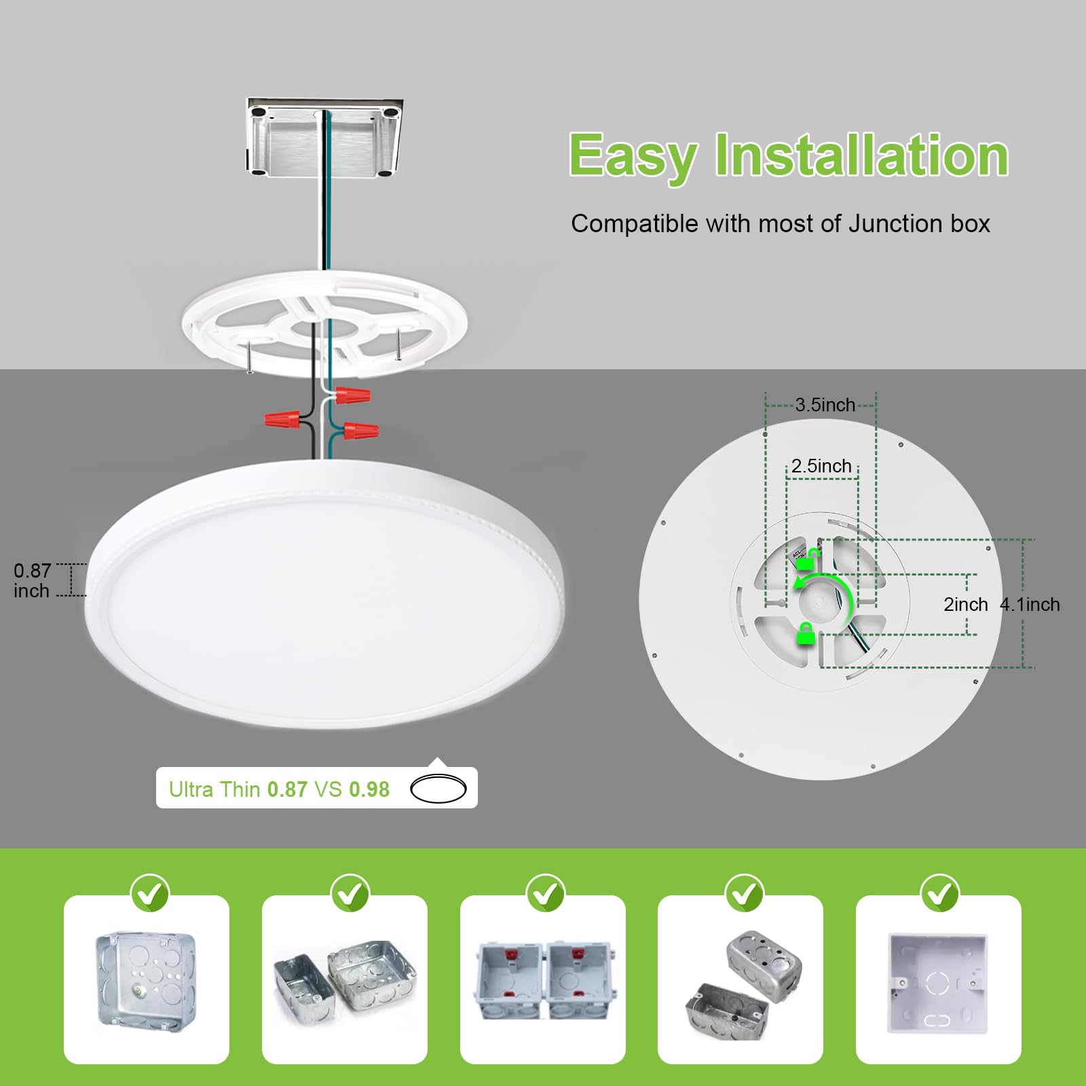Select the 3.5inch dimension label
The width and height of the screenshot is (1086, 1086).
click(x=825, y=405)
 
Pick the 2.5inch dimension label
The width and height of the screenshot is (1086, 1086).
click(x=821, y=466)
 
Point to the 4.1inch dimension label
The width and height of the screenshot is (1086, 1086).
click(x=1030, y=604)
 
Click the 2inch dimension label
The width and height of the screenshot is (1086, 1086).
click(x=965, y=604)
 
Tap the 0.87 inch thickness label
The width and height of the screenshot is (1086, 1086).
click(x=32, y=580)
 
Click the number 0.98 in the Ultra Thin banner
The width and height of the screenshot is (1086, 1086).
click(x=369, y=789)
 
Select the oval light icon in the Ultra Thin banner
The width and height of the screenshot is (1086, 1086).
click(x=438, y=789)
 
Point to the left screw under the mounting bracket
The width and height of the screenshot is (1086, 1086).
click(x=250, y=357)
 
